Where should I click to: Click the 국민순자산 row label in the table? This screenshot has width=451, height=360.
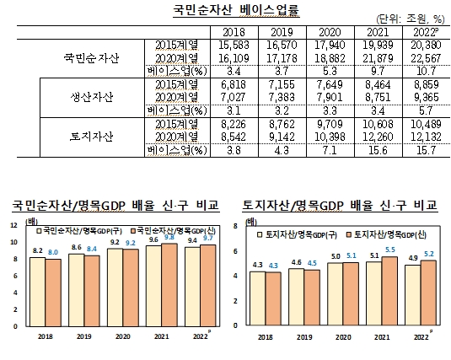tap(92, 58)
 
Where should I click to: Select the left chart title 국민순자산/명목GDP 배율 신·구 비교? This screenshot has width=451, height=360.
tap(115, 204)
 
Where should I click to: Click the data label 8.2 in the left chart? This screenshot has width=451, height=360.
tap(36, 250)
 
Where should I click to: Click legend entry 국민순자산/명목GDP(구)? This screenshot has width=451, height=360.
tap(72, 229)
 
